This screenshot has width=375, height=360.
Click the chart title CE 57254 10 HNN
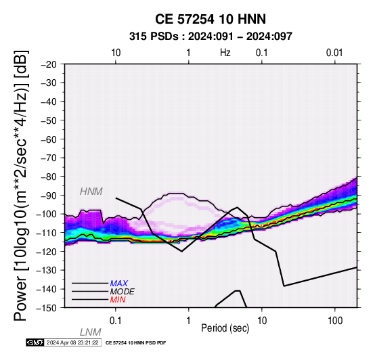tap(211, 19)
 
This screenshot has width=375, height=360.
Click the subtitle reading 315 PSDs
tap(154, 37)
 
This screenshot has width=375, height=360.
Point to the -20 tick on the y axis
tap(49, 64)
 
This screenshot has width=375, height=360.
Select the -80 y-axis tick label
tap(49, 177)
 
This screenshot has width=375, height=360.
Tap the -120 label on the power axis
tap(47, 252)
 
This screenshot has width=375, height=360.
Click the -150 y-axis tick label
tap(47, 308)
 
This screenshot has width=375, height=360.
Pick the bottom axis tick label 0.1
tap(116, 321)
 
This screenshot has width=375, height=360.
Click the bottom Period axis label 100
tap(335, 321)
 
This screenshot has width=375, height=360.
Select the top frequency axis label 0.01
tap(334, 53)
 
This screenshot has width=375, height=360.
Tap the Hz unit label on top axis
tap(225, 53)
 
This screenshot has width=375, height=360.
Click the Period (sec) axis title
tap(225, 328)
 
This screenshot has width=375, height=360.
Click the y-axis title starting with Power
tap(21, 185)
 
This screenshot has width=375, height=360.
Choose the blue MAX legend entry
tap(119, 284)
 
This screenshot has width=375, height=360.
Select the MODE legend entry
tap(123, 292)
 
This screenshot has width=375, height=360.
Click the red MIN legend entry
tap(118, 300)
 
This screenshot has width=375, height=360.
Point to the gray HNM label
tap(91, 192)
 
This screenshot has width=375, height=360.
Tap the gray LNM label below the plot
tap(91, 332)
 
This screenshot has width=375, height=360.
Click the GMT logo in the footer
tap(35, 342)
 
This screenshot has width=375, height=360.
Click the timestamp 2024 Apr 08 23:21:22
tap(72, 342)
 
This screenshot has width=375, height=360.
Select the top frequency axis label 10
tap(116, 53)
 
